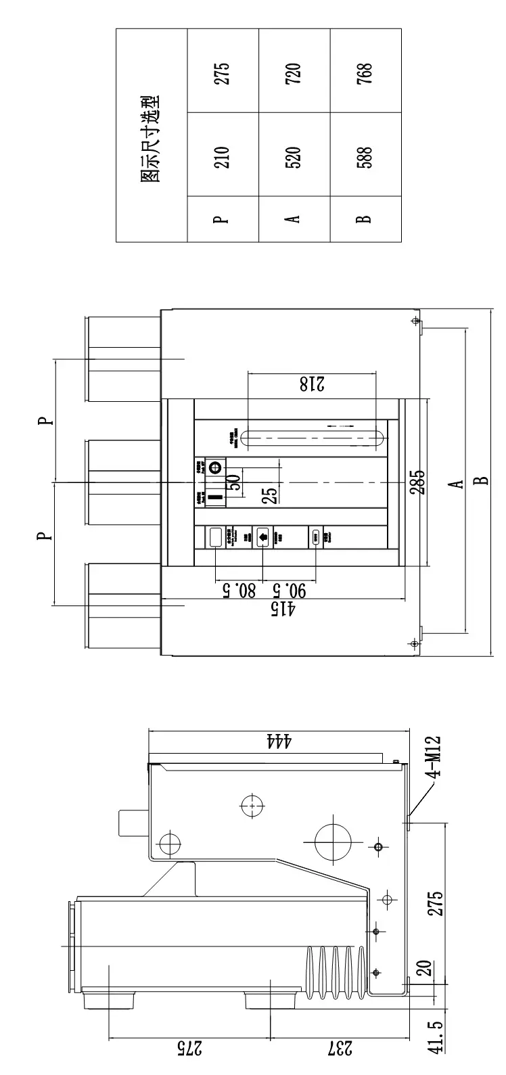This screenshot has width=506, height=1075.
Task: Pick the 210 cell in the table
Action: point(223,157)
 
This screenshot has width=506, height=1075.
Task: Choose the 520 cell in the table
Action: point(294,157)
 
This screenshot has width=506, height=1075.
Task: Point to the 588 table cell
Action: point(365,157)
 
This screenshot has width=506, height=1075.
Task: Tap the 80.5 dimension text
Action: point(238,590)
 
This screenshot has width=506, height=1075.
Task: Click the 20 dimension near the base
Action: point(424,969)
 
